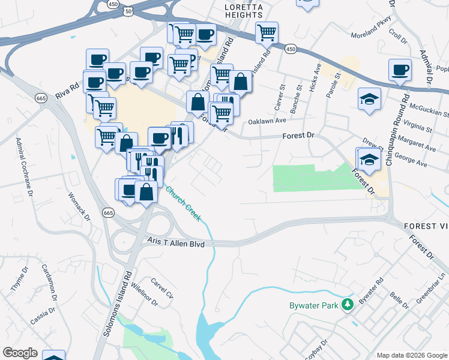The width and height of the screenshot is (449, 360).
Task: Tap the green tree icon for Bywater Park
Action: coord(346,305)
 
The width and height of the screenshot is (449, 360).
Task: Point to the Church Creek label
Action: coord(183,203)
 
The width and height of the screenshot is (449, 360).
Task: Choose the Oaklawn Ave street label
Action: coord(268,121)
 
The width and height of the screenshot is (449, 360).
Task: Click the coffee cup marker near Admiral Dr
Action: coord(400,70)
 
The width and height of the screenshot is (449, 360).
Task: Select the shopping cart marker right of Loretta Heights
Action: coord(267,32)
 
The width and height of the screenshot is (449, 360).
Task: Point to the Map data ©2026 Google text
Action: coord(412,355)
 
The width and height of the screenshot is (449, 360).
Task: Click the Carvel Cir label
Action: coord(161,288)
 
